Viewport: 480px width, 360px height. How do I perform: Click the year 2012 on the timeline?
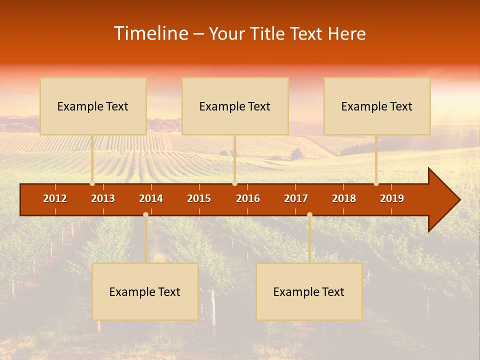click(55, 198)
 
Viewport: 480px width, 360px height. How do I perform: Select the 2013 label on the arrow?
click(103, 198)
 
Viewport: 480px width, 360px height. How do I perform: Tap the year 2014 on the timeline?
click(151, 198)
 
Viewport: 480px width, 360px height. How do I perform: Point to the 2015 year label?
click(199, 198)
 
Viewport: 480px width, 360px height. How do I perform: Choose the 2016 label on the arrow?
click(248, 198)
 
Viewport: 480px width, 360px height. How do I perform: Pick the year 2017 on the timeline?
click(296, 198)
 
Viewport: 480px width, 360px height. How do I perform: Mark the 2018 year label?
click(344, 198)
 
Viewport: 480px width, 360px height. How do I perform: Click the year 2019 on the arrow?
click(392, 198)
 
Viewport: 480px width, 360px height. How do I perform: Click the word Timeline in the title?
click(150, 33)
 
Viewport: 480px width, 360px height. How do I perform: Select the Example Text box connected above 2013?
click(93, 106)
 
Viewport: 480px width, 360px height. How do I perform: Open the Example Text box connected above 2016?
click(235, 106)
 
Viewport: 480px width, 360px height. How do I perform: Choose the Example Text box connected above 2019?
click(377, 106)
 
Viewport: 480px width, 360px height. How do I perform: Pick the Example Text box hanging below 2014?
click(145, 291)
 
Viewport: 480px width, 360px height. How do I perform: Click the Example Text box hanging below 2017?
click(309, 291)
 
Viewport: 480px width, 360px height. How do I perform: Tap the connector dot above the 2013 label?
click(92, 183)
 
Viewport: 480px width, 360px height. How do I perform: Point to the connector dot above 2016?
click(234, 183)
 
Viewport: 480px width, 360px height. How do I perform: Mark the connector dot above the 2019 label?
click(376, 183)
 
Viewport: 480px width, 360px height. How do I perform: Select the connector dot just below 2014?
click(145, 214)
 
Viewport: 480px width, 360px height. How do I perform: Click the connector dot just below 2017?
click(309, 214)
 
